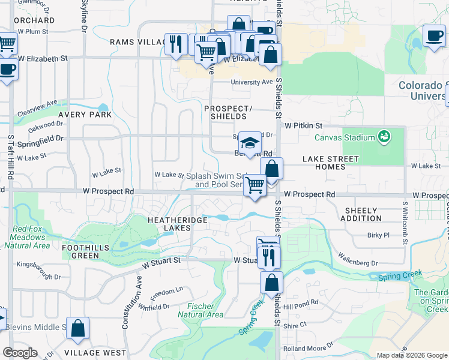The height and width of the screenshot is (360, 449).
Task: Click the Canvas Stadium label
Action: click(345, 137)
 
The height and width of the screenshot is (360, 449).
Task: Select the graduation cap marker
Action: click(250, 143)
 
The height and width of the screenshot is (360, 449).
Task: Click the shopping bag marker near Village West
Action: click(78, 328)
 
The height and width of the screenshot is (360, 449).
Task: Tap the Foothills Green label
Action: click(81, 251)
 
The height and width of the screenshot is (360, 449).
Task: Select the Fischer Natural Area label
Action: click(201, 310)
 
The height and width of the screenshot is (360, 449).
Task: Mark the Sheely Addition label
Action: click(361, 215)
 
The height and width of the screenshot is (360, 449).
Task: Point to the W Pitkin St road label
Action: click(304, 126)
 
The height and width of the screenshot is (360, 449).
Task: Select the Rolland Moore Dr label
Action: click(308, 347)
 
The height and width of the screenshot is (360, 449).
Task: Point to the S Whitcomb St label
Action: click(405, 222)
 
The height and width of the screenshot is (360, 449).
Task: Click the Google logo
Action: click(20, 353)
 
